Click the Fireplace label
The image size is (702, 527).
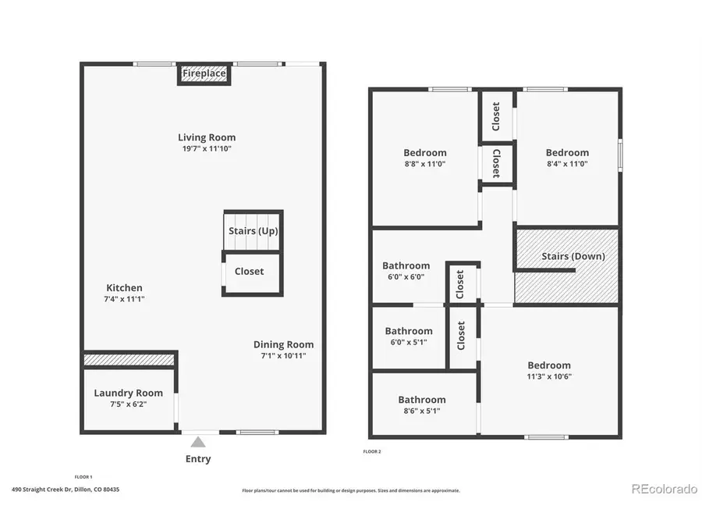tap(204, 74)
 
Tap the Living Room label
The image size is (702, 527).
tap(206, 137)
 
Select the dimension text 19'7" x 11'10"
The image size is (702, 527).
tap(206, 148)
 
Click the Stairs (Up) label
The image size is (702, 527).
tap(253, 231)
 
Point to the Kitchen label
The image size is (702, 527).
tap(125, 288)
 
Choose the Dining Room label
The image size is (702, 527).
tap(283, 344)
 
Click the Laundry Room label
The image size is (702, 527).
tap(129, 393)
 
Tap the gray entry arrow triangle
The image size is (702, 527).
tap(198, 442)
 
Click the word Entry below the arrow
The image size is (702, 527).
tap(198, 459)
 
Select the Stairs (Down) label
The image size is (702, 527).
tap(573, 256)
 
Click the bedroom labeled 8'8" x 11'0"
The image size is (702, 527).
tap(425, 153)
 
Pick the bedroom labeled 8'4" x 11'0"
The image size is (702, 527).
tap(567, 153)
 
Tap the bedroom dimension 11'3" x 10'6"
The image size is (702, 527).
tap(549, 376)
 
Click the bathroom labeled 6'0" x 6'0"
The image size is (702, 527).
tap(406, 266)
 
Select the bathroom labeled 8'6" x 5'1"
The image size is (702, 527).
tap(422, 400)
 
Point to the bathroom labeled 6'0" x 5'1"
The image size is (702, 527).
tap(408, 331)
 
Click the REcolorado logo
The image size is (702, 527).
tap(663, 490)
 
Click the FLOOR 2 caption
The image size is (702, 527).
tap(372, 451)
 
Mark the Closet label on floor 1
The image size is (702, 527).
tap(249, 272)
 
